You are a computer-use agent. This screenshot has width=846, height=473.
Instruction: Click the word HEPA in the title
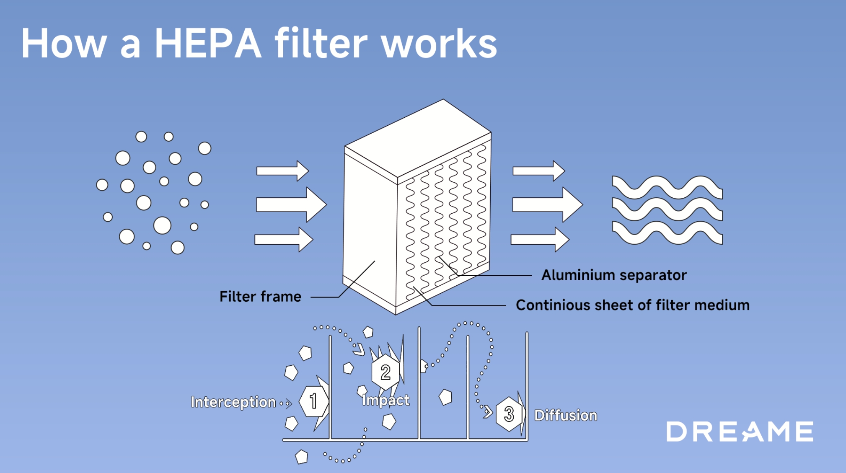pos(208,44)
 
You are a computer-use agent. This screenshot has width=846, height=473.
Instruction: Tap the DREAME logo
pos(740,432)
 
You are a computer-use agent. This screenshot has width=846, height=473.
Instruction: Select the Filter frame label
pos(260,297)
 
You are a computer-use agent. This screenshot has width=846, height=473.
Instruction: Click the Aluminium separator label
pos(614,275)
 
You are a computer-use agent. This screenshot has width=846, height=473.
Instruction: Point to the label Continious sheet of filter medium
pos(632,305)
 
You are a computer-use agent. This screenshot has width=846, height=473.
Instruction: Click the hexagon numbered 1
pos(313,401)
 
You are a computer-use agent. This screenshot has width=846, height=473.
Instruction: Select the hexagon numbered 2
pos(385,372)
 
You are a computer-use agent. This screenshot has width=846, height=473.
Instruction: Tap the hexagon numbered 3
pos(509,414)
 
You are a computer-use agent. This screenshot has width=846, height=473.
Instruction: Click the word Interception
pos(233,402)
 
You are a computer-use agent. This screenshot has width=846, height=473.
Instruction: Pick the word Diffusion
pos(566,416)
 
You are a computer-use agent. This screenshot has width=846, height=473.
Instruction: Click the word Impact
pos(386,401)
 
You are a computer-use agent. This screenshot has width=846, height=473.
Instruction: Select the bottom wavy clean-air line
pos(667,233)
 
